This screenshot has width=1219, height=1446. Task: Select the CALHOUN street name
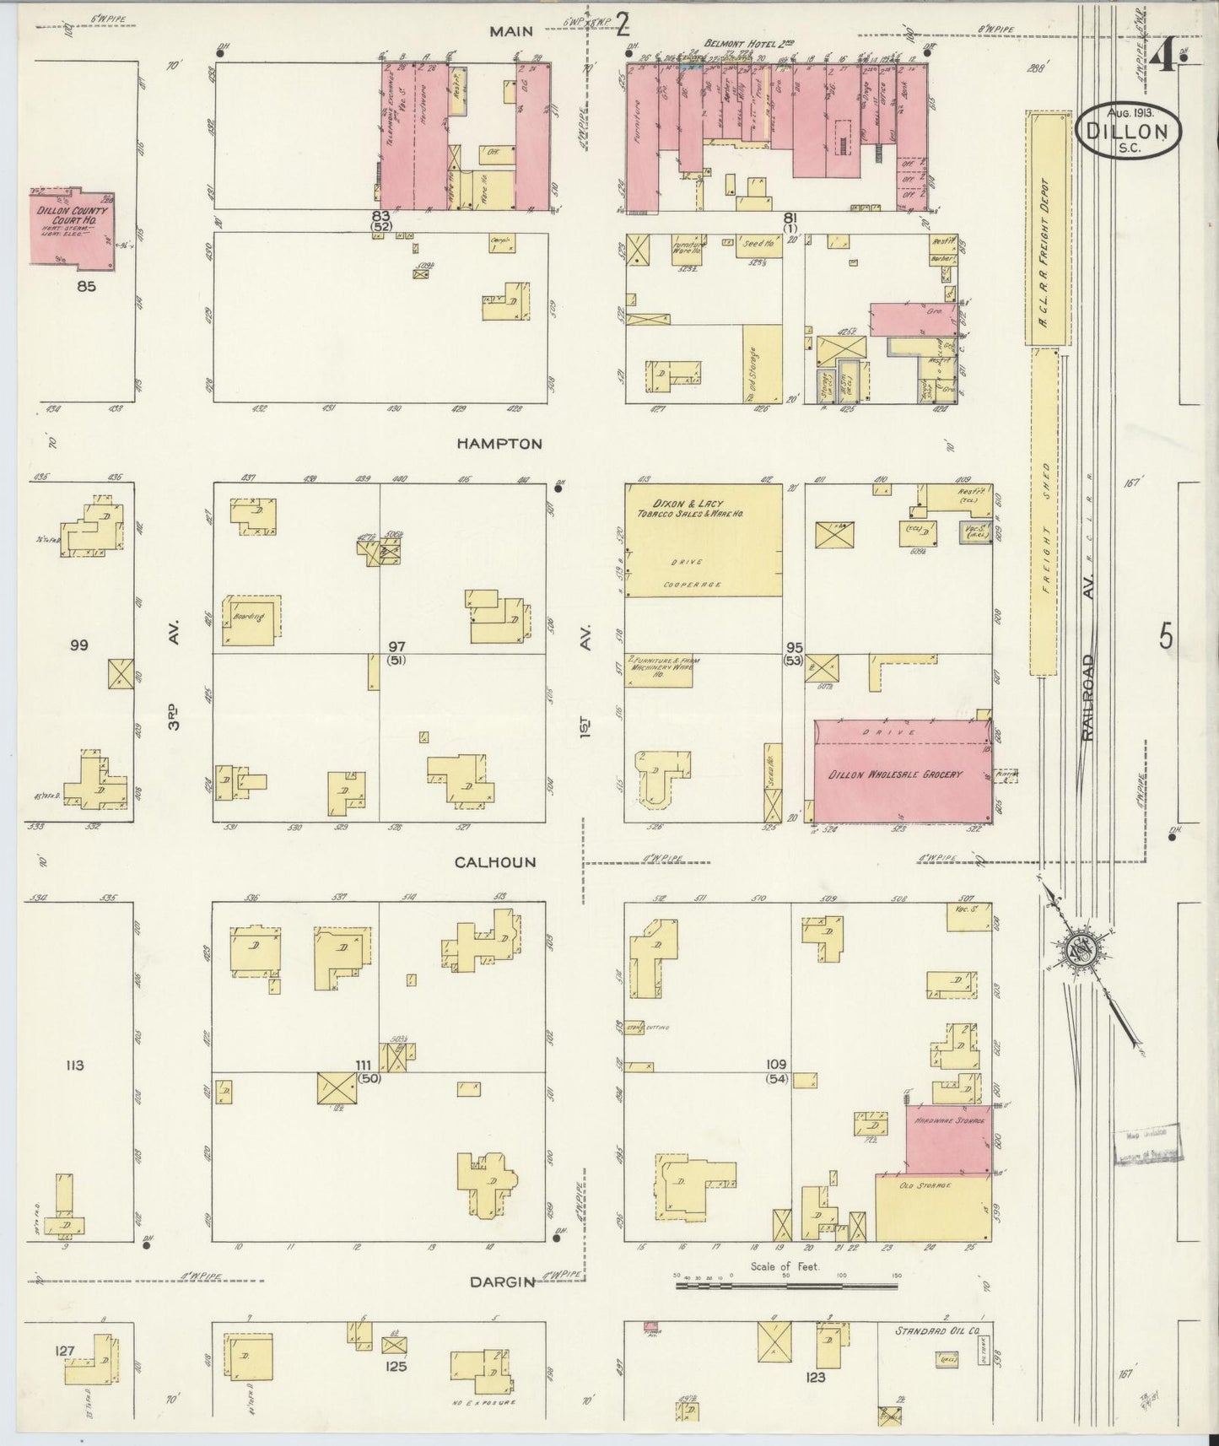pyautogui.click(x=495, y=862)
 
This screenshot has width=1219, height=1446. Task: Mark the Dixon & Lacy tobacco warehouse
pyautogui.click(x=702, y=540)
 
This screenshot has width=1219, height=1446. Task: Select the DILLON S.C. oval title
pyautogui.click(x=1129, y=131)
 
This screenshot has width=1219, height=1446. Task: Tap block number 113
pyautogui.click(x=74, y=1066)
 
